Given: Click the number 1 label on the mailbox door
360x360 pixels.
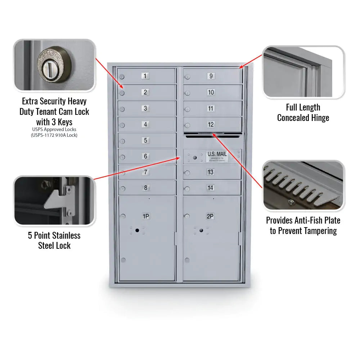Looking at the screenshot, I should (x=145, y=76).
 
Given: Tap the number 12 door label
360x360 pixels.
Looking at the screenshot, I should (x=211, y=125).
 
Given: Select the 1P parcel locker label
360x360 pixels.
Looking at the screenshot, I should (x=146, y=216).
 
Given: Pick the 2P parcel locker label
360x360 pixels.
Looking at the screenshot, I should (x=210, y=216).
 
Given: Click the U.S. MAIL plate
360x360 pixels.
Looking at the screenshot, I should (x=217, y=156).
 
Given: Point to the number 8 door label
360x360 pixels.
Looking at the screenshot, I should (x=145, y=188).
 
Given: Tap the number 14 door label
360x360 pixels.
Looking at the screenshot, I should (x=211, y=188).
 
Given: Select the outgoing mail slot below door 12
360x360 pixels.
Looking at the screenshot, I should (x=212, y=136).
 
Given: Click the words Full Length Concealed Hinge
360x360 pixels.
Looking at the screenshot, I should (x=303, y=112).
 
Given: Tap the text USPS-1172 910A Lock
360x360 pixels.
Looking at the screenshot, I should (x=54, y=135).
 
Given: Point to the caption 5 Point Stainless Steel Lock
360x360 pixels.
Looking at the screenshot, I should (x=54, y=240).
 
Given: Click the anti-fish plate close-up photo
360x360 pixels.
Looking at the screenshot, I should (x=303, y=185).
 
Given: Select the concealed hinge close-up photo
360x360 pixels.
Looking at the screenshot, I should (x=303, y=72).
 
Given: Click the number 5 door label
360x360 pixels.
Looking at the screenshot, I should (x=145, y=140).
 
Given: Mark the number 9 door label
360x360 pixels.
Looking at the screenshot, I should (x=211, y=76).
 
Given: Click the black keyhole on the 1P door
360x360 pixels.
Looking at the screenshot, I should (x=137, y=230).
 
